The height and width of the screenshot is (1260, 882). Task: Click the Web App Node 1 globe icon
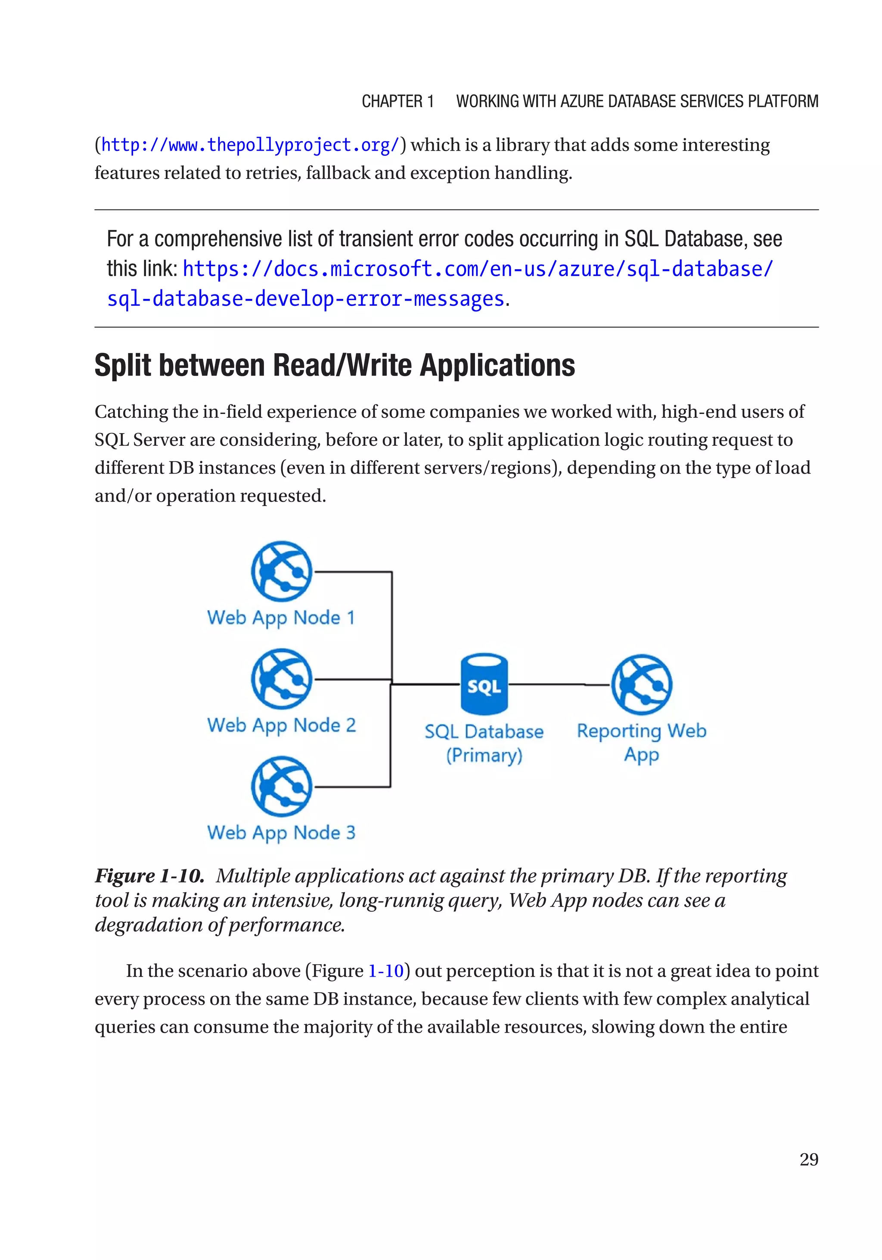click(x=282, y=571)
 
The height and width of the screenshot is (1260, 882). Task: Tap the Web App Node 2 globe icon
click(x=282, y=679)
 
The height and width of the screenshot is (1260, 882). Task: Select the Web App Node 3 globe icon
click(x=282, y=786)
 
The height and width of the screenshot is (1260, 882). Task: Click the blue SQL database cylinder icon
click(x=484, y=683)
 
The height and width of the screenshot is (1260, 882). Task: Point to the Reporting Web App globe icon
click(x=642, y=684)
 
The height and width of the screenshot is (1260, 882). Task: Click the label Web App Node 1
click(x=281, y=618)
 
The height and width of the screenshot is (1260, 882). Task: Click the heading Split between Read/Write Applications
click(x=334, y=366)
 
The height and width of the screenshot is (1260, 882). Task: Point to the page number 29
click(x=808, y=1160)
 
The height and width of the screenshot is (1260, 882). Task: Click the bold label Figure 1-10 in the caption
click(x=149, y=876)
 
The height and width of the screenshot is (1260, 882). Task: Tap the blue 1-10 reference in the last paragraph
click(x=386, y=971)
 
